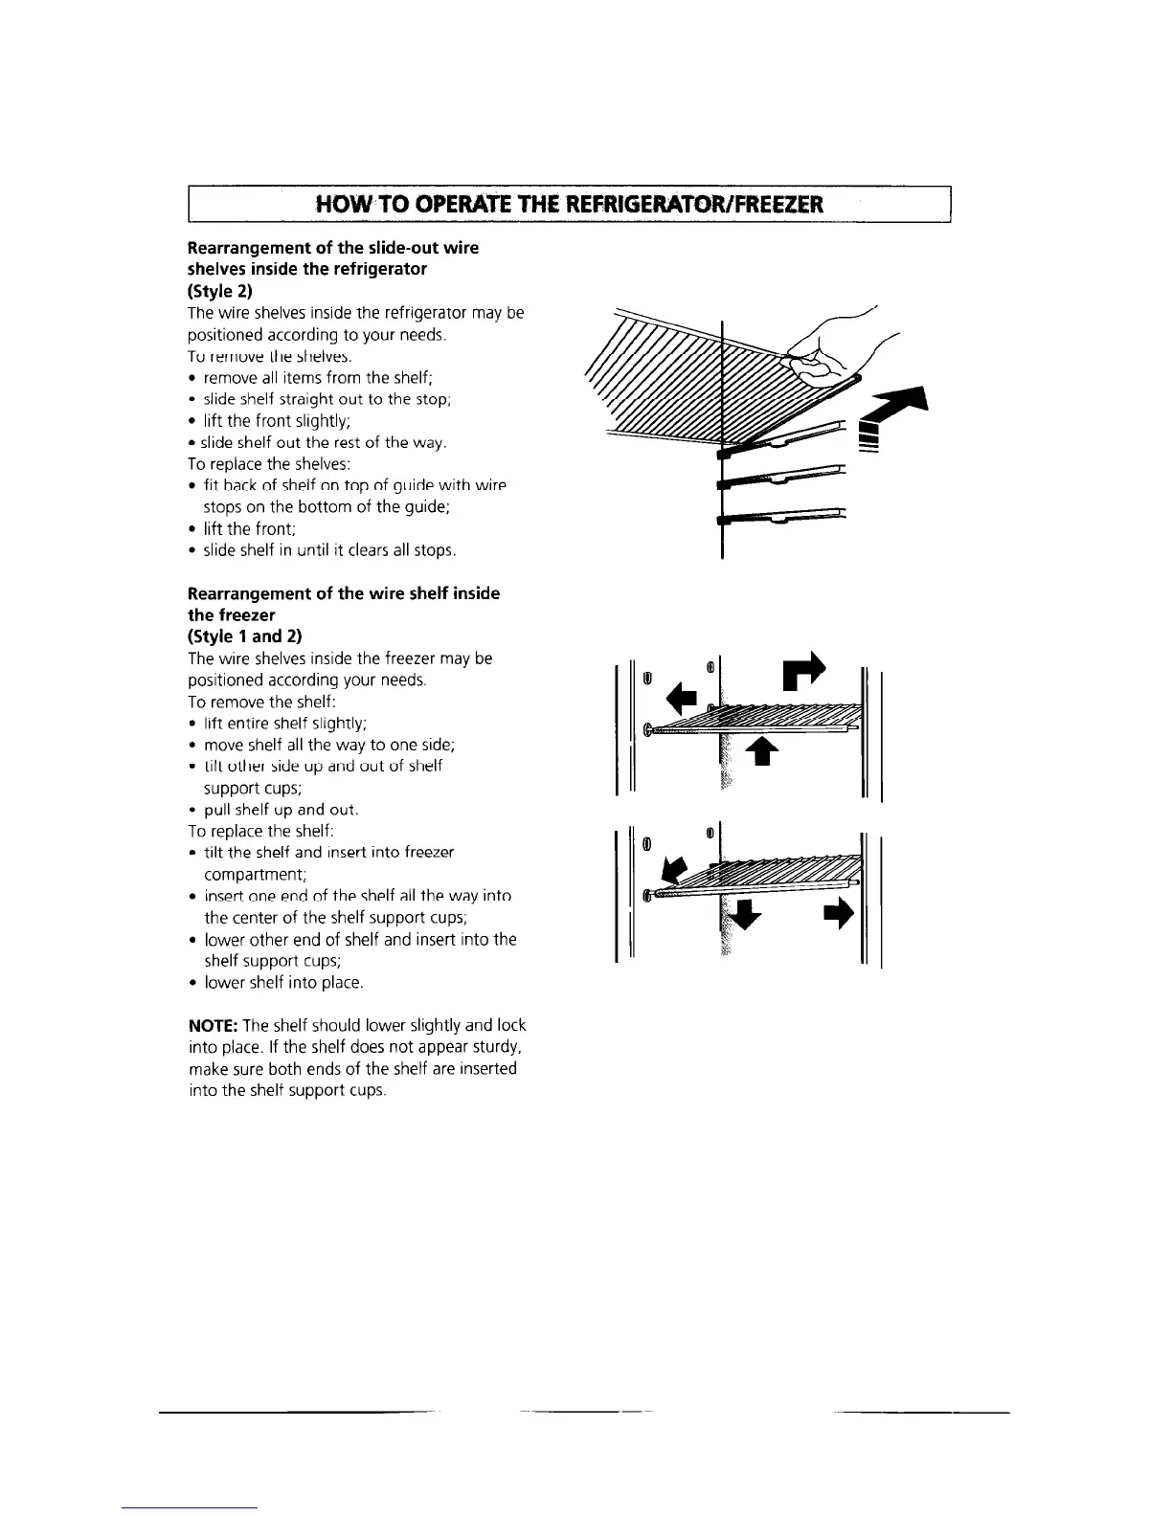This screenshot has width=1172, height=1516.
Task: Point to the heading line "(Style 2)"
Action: [x=219, y=290]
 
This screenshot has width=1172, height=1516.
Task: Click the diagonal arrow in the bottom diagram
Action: [x=675, y=870]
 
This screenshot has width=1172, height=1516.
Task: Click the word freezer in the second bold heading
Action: [x=232, y=615]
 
